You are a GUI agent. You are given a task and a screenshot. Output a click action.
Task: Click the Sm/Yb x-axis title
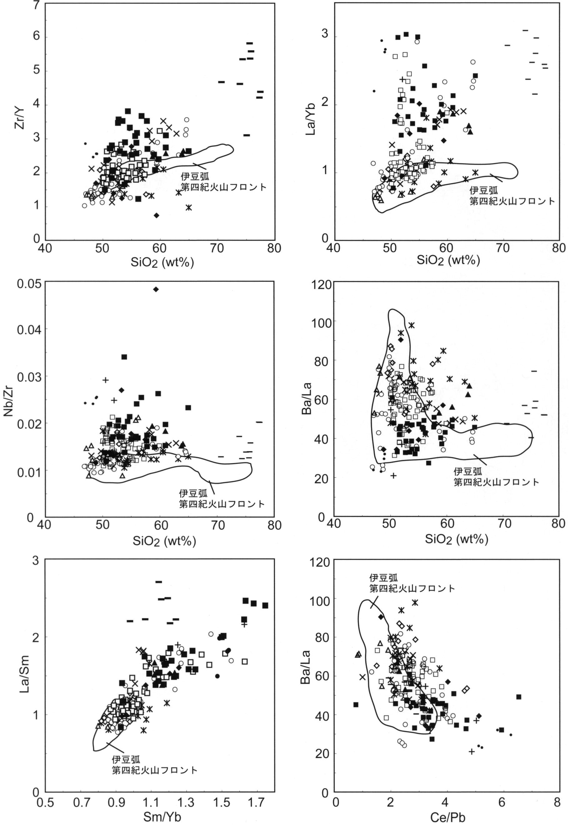click(162, 817)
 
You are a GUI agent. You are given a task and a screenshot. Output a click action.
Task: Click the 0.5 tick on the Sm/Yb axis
click(45, 803)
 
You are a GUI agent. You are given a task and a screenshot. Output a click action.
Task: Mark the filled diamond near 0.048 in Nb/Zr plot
click(156, 289)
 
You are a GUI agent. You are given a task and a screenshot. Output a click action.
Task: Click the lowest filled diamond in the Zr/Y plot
click(156, 215)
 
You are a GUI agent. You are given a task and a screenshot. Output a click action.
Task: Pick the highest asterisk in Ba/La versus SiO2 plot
click(412, 325)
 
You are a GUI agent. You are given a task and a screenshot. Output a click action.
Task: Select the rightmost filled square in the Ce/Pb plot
click(519, 697)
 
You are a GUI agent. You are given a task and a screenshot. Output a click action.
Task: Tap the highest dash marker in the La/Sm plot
click(159, 582)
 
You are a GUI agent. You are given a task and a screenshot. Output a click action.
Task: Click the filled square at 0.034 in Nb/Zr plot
click(124, 357)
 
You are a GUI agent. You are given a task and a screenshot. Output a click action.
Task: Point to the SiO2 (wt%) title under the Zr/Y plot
click(162, 263)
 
